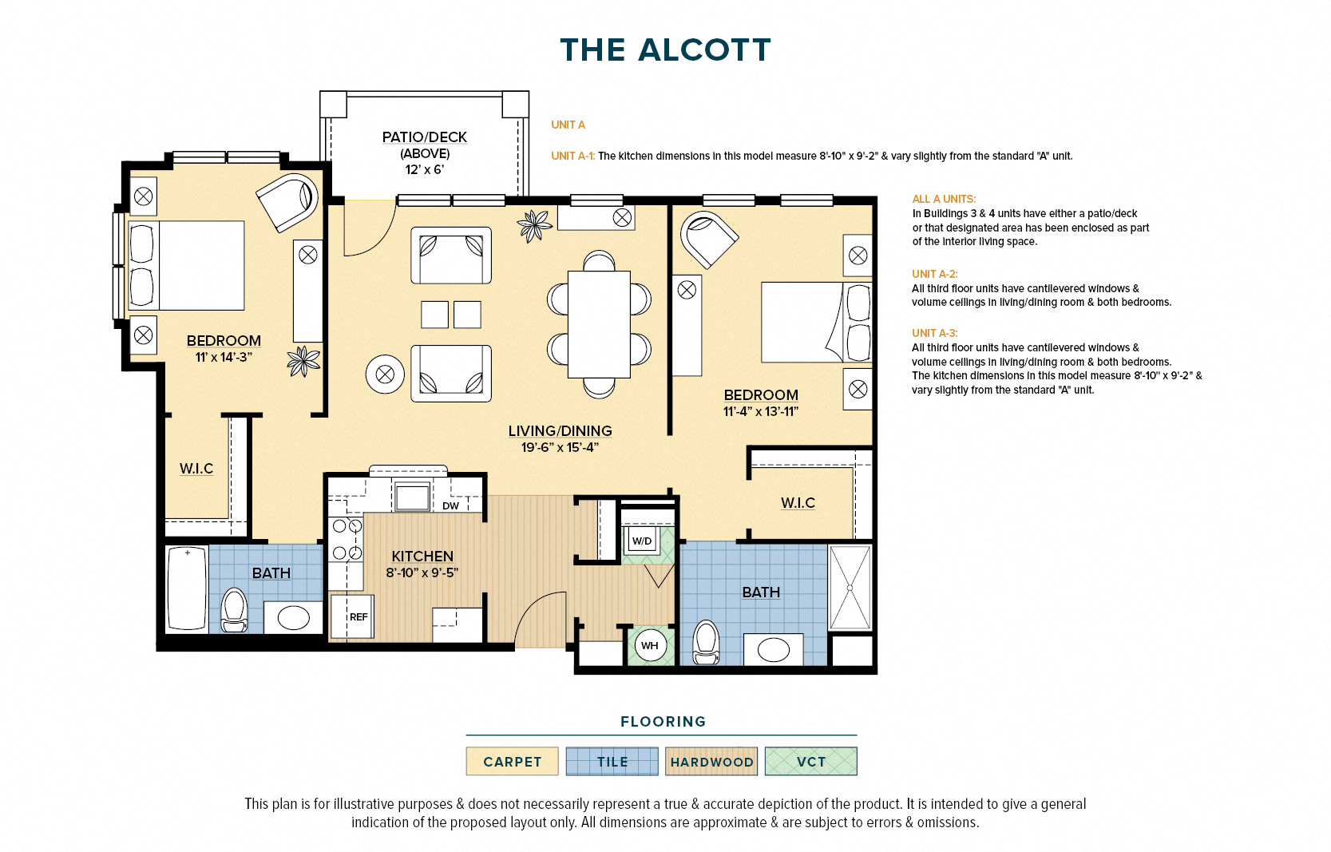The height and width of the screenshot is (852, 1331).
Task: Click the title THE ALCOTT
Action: coord(666,50)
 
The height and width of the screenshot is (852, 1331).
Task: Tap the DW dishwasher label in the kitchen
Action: coord(450,505)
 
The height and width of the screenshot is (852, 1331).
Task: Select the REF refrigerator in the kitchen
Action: coord(352,616)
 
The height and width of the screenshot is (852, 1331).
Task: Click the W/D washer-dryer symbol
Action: coord(642,541)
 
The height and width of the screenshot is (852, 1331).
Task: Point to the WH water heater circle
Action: coord(649,646)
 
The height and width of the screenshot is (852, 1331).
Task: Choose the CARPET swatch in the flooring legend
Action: coord(512,761)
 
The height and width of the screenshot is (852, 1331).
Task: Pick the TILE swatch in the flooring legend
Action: coord(612,761)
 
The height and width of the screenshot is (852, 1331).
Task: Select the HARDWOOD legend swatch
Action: coord(711,761)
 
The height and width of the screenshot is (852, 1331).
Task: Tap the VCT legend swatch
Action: coord(811,761)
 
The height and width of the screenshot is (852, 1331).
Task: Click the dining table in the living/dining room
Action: coord(599,324)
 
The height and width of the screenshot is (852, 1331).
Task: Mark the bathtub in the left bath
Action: coord(187,588)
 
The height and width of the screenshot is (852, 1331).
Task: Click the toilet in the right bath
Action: coord(707,642)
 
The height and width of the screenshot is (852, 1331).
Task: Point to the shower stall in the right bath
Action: coord(850,588)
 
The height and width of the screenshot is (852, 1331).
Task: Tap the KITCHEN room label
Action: coord(422,556)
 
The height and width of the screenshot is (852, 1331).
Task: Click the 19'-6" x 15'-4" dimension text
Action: coord(560,447)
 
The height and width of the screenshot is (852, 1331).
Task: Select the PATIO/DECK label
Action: coord(424,137)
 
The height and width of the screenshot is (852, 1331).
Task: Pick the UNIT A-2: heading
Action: coord(935,274)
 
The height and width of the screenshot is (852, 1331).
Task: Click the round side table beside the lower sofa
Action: coord(385,374)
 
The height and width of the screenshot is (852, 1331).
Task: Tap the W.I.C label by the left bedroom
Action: coord(196,469)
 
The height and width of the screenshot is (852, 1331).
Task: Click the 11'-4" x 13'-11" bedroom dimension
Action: coord(761,411)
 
